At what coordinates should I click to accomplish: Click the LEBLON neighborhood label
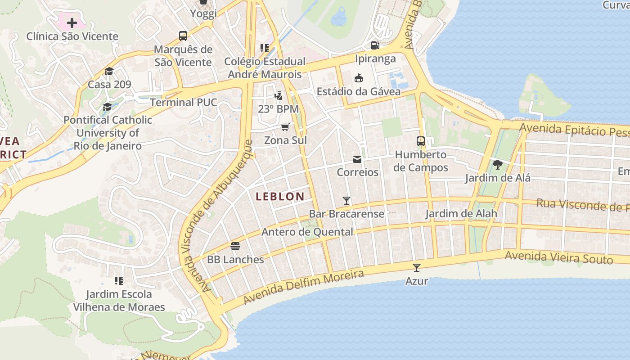pyautogui.click(x=280, y=196)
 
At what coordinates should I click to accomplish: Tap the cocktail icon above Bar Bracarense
pyautogui.click(x=346, y=200)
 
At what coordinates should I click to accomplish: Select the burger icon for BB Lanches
pyautogui.click(x=235, y=246)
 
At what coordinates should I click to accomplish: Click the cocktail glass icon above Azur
pyautogui.click(x=417, y=268)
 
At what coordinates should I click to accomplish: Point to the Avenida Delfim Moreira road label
pyautogui.click(x=303, y=287)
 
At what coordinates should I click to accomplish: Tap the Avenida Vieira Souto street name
pyautogui.click(x=558, y=257)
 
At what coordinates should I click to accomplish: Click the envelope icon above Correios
pyautogui.click(x=357, y=159)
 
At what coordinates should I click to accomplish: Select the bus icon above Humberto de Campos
pyautogui.click(x=421, y=141)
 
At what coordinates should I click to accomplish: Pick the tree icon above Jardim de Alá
pyautogui.click(x=497, y=165)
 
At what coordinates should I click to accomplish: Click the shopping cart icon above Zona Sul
pyautogui.click(x=285, y=127)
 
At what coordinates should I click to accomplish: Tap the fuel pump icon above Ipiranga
pyautogui.click(x=375, y=45)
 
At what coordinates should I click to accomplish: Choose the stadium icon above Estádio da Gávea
pyautogui.click(x=359, y=78)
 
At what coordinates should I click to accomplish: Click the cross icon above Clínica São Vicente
pyautogui.click(x=72, y=23)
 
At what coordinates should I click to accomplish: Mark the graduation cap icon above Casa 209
pyautogui.click(x=109, y=71)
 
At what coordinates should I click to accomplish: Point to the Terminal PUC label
pyautogui.click(x=184, y=102)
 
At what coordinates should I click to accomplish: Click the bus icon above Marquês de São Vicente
pyautogui.click(x=183, y=36)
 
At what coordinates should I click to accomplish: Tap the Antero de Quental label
pyautogui.click(x=307, y=232)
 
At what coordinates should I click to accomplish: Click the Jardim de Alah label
pyautogui.click(x=461, y=213)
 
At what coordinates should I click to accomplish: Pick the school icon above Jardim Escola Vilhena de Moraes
pyautogui.click(x=119, y=281)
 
